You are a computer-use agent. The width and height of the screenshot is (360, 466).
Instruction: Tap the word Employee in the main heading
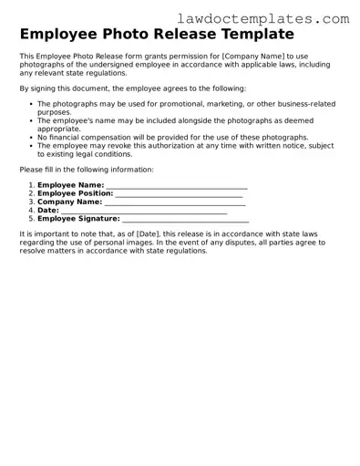coord(64,36)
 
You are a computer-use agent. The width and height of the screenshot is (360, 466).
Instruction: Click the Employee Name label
coord(70,185)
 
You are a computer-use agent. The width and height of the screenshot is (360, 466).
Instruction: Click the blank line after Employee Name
coord(177,186)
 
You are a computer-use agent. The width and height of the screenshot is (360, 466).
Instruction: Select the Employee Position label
coord(76,193)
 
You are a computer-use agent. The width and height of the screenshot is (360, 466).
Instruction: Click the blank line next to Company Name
coord(174,202)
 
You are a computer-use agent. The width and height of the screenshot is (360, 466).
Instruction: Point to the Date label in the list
coord(48,210)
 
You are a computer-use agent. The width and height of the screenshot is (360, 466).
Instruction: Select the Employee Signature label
coord(78,218)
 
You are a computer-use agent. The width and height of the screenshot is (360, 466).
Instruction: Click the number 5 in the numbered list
coord(31,218)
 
